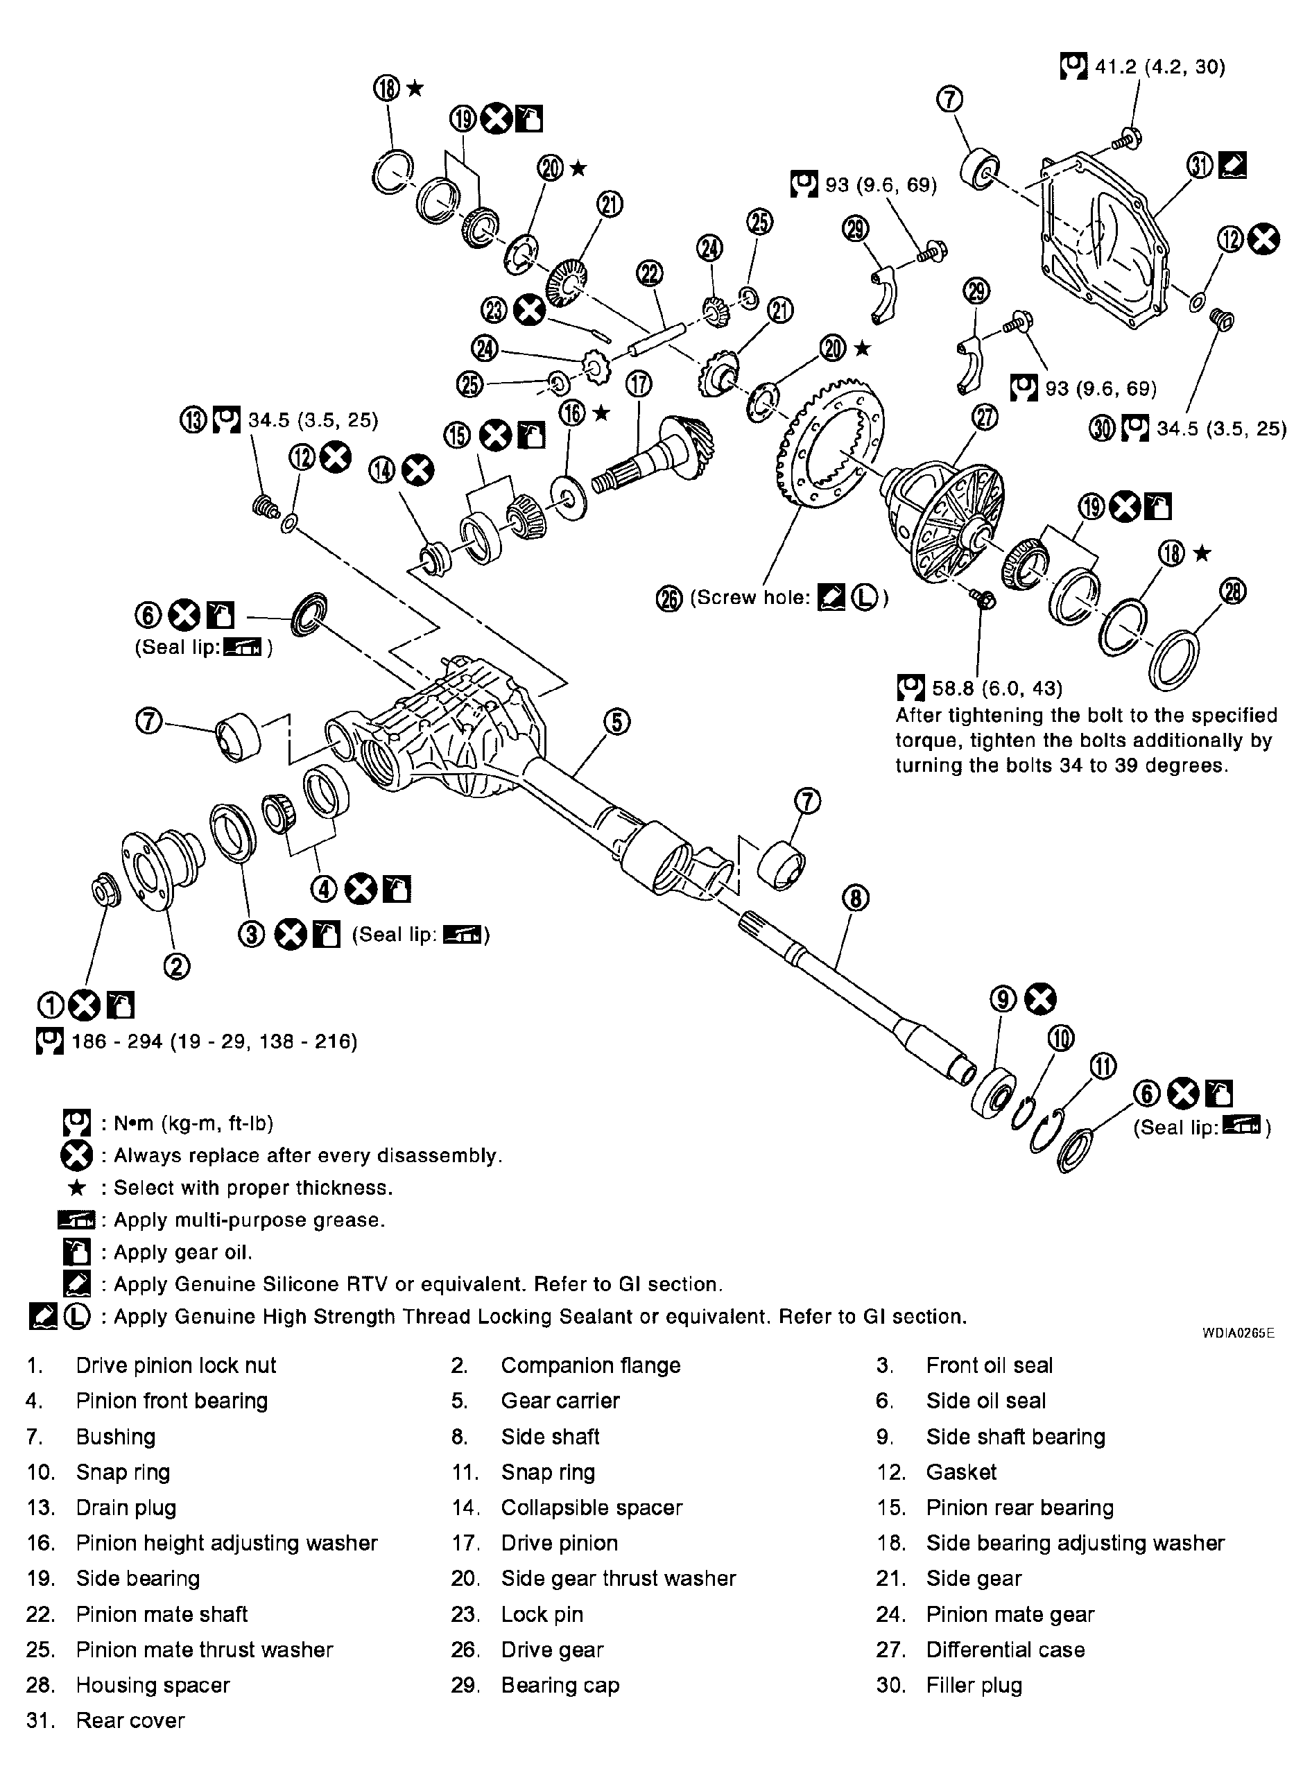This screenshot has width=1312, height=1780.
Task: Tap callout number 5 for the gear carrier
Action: tap(617, 722)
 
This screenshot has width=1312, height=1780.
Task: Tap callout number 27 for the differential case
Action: tap(985, 417)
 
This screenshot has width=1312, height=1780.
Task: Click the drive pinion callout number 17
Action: tap(638, 384)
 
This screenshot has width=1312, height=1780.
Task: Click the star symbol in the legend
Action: tap(77, 1188)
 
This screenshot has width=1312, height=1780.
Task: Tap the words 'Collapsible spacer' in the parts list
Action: tap(591, 1507)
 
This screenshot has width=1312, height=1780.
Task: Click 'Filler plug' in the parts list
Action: tap(974, 1685)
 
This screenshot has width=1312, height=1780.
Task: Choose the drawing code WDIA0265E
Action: tap(1238, 1333)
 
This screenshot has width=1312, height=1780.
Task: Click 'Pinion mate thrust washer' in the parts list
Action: tap(204, 1649)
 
